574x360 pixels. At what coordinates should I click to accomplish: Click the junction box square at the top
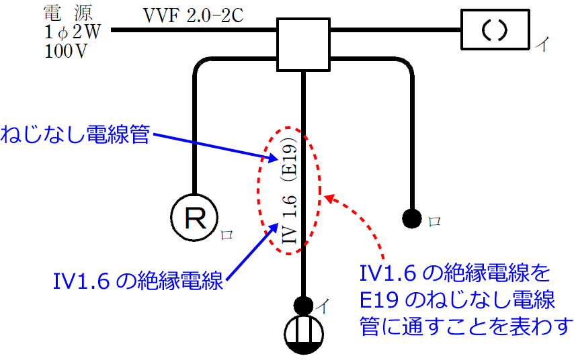pyautogui.click(x=304, y=44)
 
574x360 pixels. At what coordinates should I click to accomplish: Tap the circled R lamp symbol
pyautogui.click(x=195, y=218)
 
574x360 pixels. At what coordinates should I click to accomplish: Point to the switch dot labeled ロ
pyautogui.click(x=411, y=218)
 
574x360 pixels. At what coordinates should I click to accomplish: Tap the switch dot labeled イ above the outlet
pyautogui.click(x=304, y=304)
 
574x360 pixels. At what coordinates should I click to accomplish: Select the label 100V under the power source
pyautogui.click(x=65, y=52)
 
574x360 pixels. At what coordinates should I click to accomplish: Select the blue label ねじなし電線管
pyautogui.click(x=75, y=134)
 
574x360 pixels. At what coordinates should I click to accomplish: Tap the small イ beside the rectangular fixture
pyautogui.click(x=541, y=45)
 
